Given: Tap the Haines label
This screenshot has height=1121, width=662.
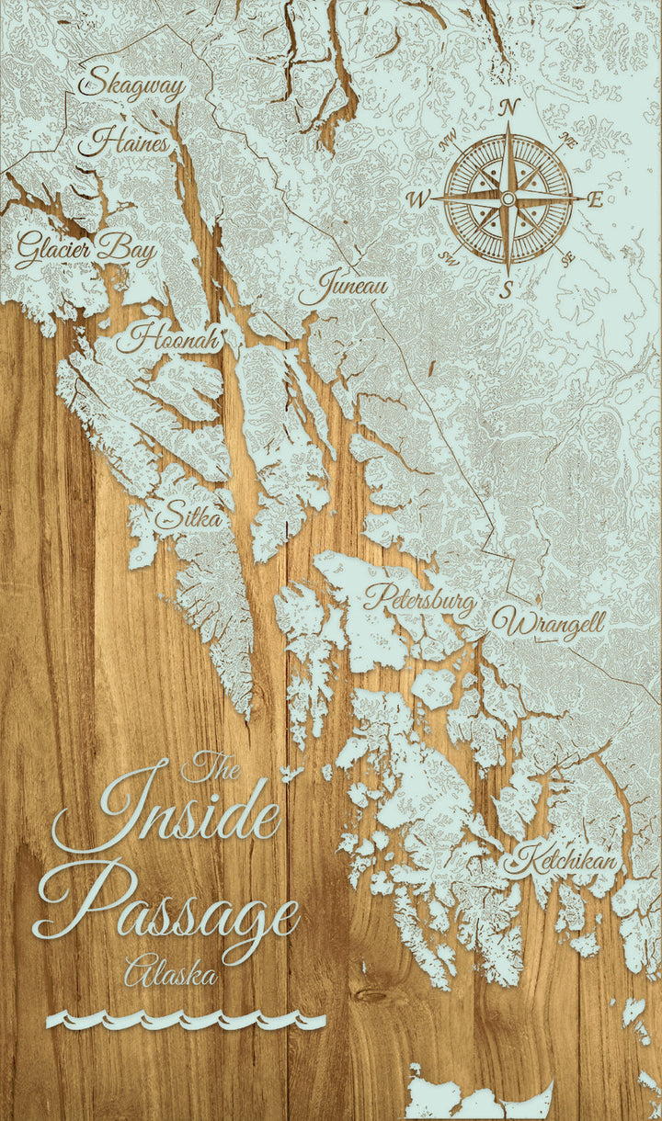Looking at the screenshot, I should (x=124, y=143).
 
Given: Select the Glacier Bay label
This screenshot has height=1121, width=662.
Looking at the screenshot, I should (x=86, y=248).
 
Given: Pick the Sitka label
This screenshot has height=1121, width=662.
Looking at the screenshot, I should (x=188, y=517).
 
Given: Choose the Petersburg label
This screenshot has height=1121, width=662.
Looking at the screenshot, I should (x=420, y=600).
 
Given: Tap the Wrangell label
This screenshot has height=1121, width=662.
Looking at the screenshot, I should (x=549, y=623).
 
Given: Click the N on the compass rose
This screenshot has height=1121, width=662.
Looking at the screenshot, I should (x=508, y=108).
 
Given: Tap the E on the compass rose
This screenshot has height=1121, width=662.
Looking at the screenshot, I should (x=595, y=199).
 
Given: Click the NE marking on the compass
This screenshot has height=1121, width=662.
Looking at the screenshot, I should (x=568, y=141).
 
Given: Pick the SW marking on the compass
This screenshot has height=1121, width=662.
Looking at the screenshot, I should (x=450, y=257).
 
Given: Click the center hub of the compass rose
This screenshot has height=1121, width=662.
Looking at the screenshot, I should (x=508, y=198).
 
